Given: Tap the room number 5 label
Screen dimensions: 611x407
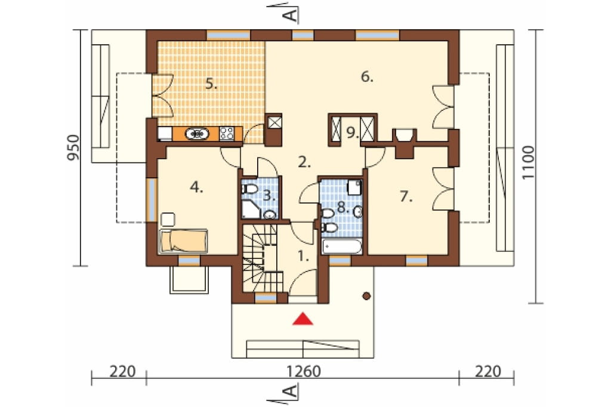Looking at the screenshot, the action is [x=211, y=84].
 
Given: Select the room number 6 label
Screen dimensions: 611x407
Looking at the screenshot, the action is [x=367, y=77].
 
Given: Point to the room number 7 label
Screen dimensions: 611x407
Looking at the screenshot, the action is [x=406, y=196].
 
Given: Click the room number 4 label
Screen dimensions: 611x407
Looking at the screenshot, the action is [x=197, y=188].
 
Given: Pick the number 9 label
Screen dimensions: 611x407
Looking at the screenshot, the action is [x=353, y=133].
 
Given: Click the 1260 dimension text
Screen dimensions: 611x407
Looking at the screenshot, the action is [x=304, y=372].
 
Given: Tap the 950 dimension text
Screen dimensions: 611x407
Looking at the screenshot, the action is [x=73, y=148].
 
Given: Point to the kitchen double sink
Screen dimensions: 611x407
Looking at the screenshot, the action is [x=197, y=134].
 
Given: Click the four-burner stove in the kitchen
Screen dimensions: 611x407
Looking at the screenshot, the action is [x=227, y=134].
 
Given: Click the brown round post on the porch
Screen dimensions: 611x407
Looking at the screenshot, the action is [x=366, y=296].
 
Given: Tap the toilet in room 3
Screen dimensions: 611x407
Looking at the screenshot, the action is [x=249, y=189].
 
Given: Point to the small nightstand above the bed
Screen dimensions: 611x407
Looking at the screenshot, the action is [x=168, y=219].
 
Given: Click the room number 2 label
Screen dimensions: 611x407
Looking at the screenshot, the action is [x=304, y=162].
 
